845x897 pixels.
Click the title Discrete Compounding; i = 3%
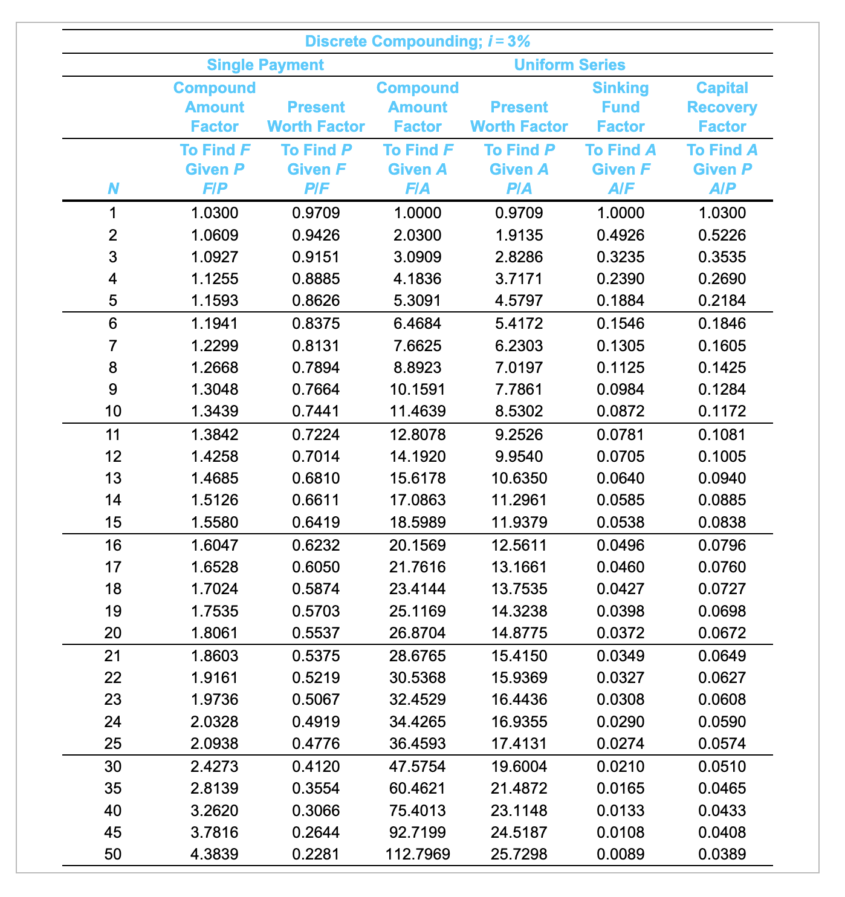tap(417, 42)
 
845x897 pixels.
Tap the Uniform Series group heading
tap(569, 65)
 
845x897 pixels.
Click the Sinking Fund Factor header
tap(620, 107)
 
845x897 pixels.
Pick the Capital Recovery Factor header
tap(722, 107)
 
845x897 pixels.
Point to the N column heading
tap(113, 189)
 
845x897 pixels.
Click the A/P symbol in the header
tap(722, 189)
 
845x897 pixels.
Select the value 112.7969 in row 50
tap(418, 854)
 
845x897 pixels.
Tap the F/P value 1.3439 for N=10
tap(215, 412)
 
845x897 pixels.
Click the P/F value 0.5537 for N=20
tap(316, 633)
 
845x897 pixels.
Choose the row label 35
tap(113, 788)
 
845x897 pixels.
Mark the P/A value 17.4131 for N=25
tap(519, 743)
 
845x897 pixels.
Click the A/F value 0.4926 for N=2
tap(620, 235)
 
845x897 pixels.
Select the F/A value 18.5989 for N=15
tap(418, 522)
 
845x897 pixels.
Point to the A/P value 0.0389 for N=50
tap(722, 854)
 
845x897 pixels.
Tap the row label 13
tap(113, 478)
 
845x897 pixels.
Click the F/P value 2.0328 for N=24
tap(215, 722)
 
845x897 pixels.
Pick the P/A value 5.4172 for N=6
tap(519, 323)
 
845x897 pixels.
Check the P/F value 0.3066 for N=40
tap(316, 811)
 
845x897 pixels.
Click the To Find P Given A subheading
tap(519, 160)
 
